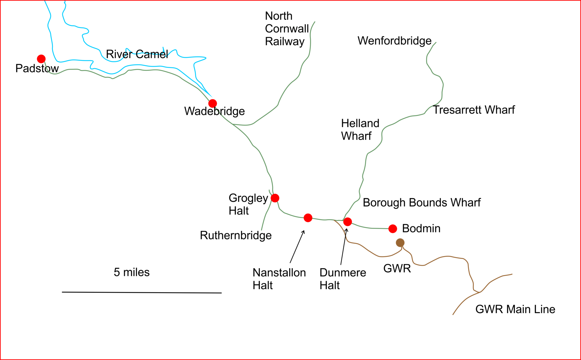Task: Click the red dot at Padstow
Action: click(x=41, y=59)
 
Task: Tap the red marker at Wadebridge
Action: click(x=213, y=103)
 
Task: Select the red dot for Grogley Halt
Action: click(x=275, y=198)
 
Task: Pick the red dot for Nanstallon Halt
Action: click(x=308, y=218)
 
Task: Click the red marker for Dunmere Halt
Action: click(x=348, y=222)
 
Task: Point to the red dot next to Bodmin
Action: click(x=393, y=229)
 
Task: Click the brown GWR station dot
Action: click(x=400, y=243)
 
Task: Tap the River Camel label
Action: click(x=137, y=54)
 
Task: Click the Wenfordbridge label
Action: click(x=394, y=41)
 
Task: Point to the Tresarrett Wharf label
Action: click(x=474, y=110)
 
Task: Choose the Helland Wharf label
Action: click(x=360, y=130)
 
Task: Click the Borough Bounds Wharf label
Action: click(x=422, y=203)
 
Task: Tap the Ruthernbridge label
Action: click(x=236, y=235)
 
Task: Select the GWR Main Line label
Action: click(x=515, y=309)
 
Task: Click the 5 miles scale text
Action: click(x=132, y=272)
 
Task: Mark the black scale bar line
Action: click(x=142, y=293)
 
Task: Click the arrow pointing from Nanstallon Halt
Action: click(x=297, y=247)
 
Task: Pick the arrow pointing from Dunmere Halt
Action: click(x=344, y=246)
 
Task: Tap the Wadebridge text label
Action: click(x=214, y=111)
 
